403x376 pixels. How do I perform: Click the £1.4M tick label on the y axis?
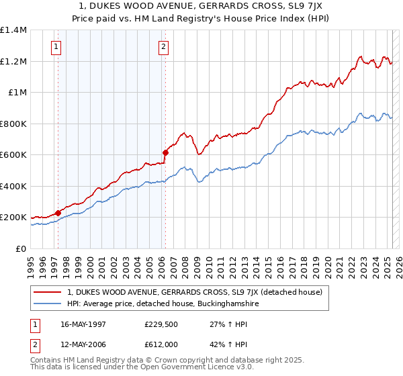pyautogui.click(x=13, y=30)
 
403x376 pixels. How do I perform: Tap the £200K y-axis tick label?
pyautogui.click(x=13, y=218)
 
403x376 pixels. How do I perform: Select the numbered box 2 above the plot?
pyautogui.click(x=163, y=47)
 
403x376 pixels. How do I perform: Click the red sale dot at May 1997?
pyautogui.click(x=58, y=213)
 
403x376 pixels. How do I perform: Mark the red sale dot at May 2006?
pyautogui.click(x=165, y=153)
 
